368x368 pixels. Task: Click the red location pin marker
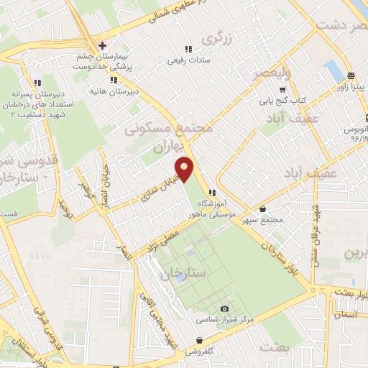coord(185,170)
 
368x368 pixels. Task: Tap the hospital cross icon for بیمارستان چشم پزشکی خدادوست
coord(103,45)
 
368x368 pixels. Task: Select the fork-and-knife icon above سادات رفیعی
coord(188,49)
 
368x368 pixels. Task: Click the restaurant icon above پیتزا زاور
coord(351,75)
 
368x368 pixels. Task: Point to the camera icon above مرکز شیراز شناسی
coord(224,308)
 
